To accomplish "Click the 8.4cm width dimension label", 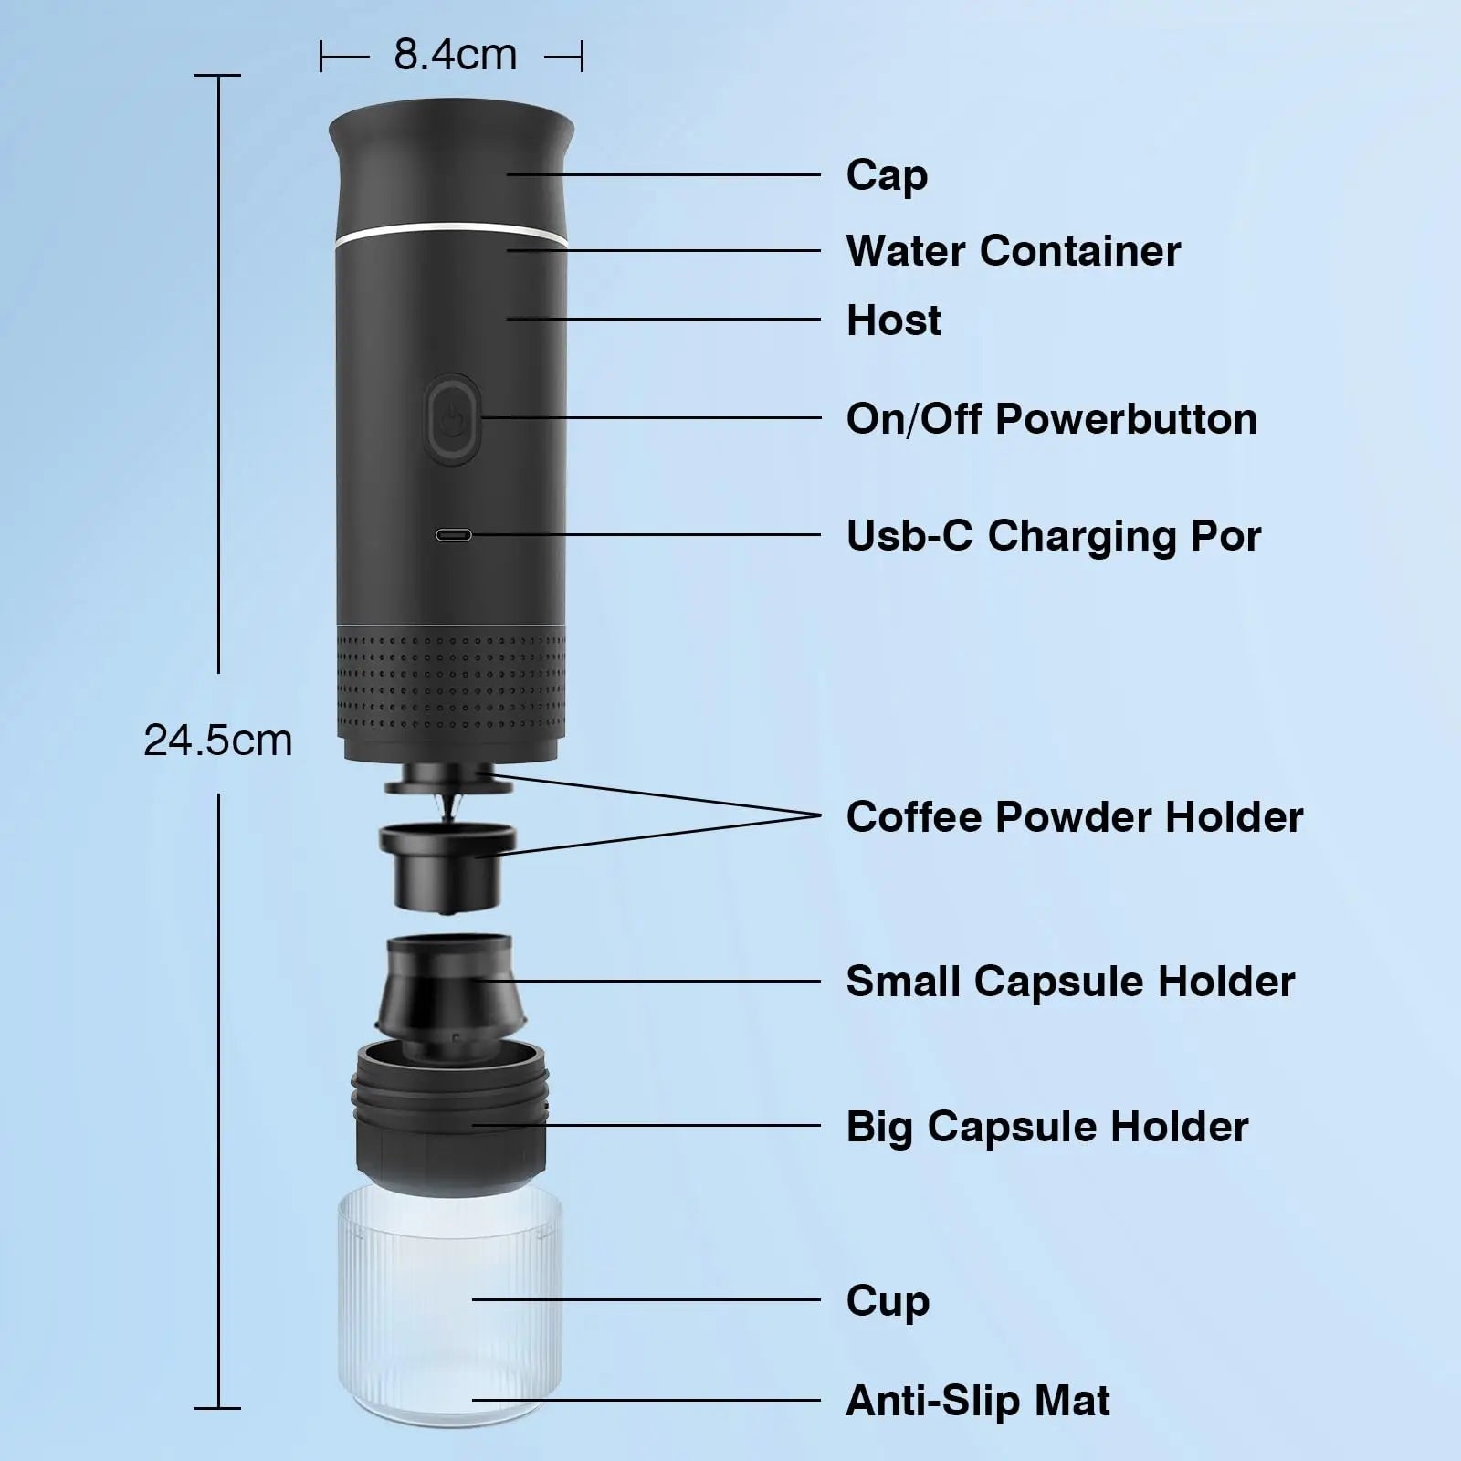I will (x=455, y=56).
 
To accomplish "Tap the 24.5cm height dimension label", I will (x=218, y=740).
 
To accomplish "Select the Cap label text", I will (x=887, y=174).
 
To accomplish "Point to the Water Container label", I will (x=1013, y=251).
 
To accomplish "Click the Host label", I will (x=893, y=321).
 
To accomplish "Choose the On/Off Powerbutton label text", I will (x=1051, y=419).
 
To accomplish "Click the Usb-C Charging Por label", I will (x=1053, y=536).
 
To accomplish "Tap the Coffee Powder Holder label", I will (x=1074, y=817).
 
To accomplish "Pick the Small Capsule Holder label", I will (x=1070, y=982).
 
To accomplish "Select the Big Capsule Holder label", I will (x=1046, y=1127).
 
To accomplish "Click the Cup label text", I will (x=888, y=1300).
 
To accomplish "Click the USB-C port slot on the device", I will (x=454, y=535).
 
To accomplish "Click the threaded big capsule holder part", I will (x=450, y=1119).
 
